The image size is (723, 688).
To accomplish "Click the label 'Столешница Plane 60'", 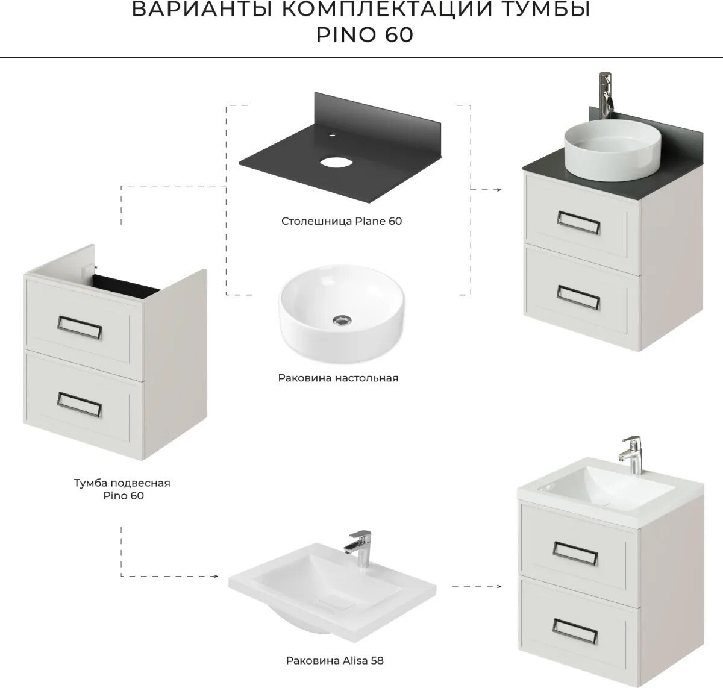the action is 342,221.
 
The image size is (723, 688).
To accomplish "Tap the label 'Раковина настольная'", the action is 338,378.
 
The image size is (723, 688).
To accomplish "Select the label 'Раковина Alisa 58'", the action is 334,661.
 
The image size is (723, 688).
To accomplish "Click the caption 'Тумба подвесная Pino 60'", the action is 122,489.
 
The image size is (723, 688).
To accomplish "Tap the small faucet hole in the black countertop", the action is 333,135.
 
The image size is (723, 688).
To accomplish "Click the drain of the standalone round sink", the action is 342,321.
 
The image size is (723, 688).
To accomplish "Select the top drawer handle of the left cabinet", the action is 80,327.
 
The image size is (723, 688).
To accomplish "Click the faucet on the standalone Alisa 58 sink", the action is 358,550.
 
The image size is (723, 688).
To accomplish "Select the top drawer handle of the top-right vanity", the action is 578,222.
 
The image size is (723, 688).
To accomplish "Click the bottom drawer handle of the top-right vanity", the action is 578,298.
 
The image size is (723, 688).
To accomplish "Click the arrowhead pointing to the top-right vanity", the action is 498,190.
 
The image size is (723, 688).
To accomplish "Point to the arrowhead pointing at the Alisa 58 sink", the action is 215,576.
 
